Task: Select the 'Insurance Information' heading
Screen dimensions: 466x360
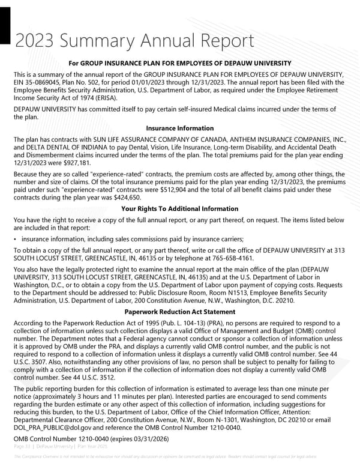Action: pos(179,128)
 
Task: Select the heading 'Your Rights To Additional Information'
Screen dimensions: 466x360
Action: pos(179,208)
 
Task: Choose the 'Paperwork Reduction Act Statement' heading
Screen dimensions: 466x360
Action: pos(179,312)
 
